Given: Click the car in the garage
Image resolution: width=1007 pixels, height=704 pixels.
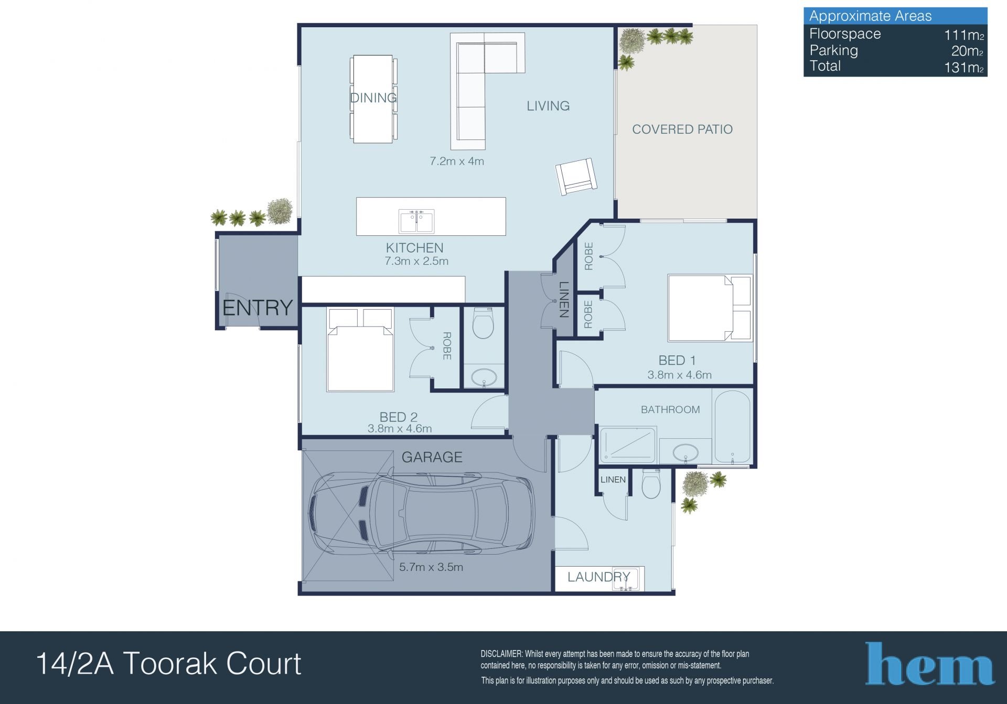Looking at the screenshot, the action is pyautogui.click(x=423, y=514).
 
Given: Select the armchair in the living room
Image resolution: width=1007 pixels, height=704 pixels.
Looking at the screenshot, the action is pyautogui.click(x=576, y=177).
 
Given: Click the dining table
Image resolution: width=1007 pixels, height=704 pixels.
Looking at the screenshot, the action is pyautogui.click(x=373, y=99).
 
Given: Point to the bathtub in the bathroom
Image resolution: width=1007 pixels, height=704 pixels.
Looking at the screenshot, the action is pyautogui.click(x=732, y=426).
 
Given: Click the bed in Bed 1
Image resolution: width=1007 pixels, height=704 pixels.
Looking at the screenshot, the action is pyautogui.click(x=710, y=308).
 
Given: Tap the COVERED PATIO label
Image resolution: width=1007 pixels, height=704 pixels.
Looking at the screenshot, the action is pyautogui.click(x=682, y=129).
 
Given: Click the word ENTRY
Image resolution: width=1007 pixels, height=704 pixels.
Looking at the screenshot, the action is pyautogui.click(x=257, y=308).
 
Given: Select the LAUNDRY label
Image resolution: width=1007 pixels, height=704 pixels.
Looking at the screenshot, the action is pyautogui.click(x=598, y=577).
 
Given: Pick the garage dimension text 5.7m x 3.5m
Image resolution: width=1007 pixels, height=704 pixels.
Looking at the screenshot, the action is pyautogui.click(x=431, y=567).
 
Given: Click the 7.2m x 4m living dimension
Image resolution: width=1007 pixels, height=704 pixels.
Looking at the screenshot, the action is pyautogui.click(x=457, y=161).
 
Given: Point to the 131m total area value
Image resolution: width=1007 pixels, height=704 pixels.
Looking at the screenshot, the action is pyautogui.click(x=963, y=68).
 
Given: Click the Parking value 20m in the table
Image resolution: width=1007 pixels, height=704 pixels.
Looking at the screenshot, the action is pyautogui.click(x=967, y=51).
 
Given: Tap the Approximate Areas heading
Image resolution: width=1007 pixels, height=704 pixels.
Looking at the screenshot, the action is pyautogui.click(x=870, y=16).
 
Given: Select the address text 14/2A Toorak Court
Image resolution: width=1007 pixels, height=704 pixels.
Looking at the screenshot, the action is pyautogui.click(x=168, y=664).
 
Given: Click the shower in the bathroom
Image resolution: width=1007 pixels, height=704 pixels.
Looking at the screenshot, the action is pyautogui.click(x=628, y=446).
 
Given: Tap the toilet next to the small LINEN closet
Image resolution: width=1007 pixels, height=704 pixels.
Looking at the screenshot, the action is pyautogui.click(x=652, y=484).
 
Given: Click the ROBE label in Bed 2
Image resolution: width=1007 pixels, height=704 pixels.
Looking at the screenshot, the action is pyautogui.click(x=447, y=346).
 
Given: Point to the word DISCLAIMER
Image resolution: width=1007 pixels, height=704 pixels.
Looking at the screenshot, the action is pyautogui.click(x=501, y=654).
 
